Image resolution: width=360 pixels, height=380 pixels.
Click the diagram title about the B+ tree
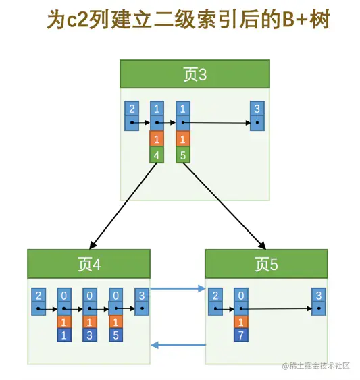tap(180, 20)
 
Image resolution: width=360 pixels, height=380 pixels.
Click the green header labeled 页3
tap(195, 74)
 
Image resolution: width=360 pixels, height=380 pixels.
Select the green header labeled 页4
tap(88, 263)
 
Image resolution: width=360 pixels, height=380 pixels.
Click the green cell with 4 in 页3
tap(157, 155)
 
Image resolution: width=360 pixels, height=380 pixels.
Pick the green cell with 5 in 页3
tap(183, 155)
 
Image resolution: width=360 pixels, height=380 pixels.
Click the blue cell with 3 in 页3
tap(256, 109)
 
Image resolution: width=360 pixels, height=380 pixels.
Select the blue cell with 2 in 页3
tap(132, 109)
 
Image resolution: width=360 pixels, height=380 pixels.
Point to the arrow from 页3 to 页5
tap(224, 205)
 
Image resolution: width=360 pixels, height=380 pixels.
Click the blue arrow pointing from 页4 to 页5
tap(177, 289)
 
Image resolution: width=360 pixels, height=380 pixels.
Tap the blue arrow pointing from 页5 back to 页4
tap(177, 346)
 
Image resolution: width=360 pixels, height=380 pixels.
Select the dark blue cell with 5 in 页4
tap(115, 335)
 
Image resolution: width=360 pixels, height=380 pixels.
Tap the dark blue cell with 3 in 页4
tap(90, 335)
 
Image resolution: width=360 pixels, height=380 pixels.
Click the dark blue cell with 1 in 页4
tap(64, 335)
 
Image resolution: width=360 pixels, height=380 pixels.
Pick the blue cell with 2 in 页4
tap(38, 296)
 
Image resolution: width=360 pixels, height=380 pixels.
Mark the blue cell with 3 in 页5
tap(318, 296)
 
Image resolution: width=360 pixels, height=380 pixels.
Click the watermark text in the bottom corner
tap(317, 365)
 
